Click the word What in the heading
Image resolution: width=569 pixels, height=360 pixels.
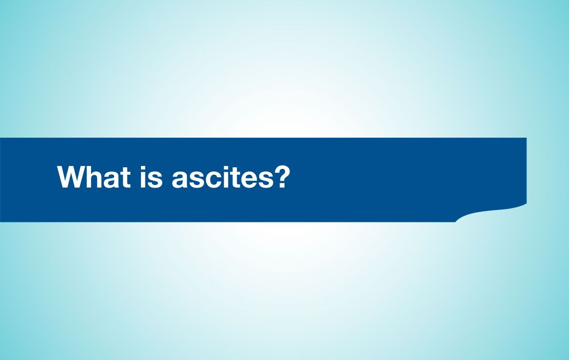click(x=94, y=177)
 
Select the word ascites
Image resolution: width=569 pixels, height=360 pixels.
click(x=223, y=177)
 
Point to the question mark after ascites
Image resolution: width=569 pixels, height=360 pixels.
click(x=283, y=176)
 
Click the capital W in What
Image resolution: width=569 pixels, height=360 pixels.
click(x=70, y=177)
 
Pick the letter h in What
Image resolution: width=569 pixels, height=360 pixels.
click(x=94, y=177)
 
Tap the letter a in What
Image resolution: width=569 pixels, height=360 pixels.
click(x=111, y=179)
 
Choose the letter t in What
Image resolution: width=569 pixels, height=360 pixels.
click(x=126, y=178)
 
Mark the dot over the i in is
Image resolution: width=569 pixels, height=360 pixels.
click(x=143, y=168)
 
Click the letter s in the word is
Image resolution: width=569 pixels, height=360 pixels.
click(x=155, y=179)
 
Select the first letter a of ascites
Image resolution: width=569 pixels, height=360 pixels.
click(x=180, y=179)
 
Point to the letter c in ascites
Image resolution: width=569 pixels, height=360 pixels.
click(x=213, y=179)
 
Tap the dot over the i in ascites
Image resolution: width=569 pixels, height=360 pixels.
click(x=226, y=168)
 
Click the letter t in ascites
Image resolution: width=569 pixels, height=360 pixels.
click(x=235, y=178)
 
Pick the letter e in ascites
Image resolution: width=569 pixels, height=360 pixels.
click(x=249, y=179)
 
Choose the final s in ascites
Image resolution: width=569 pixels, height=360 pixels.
click(x=266, y=179)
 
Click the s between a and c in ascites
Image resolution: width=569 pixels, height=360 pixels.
click(x=197, y=179)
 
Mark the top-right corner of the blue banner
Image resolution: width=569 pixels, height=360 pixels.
click(x=526, y=138)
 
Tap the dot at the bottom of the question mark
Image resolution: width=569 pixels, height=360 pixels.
click(x=283, y=185)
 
